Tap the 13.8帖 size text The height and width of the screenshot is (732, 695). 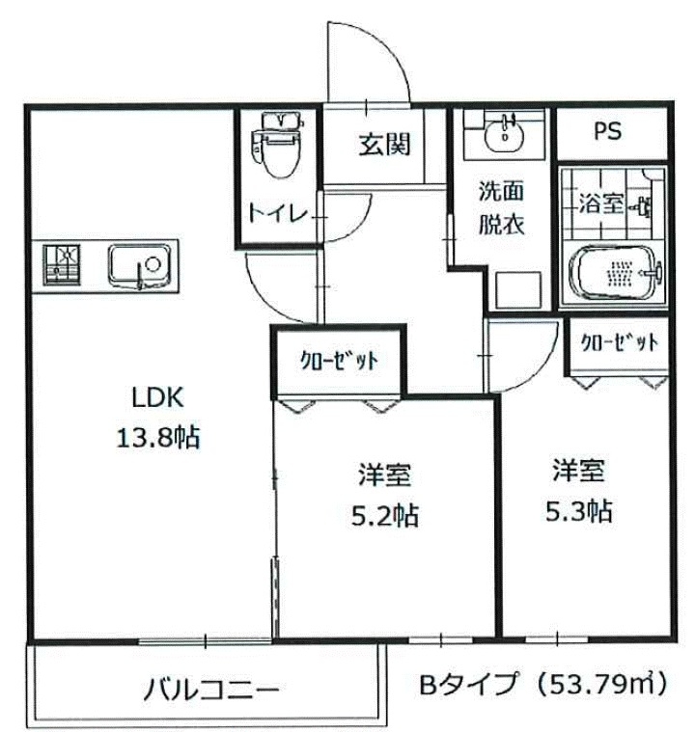[x=157, y=439]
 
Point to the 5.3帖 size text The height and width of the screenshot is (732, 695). [x=577, y=510]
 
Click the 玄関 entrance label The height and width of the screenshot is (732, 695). [x=386, y=146]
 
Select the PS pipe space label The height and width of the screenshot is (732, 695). [x=607, y=132]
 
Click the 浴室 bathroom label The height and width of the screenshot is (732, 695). [x=600, y=204]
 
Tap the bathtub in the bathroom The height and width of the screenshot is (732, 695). [x=614, y=275]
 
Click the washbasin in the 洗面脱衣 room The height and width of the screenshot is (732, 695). [x=503, y=135]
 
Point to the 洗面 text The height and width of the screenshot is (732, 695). [x=502, y=191]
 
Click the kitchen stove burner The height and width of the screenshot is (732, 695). [x=64, y=264]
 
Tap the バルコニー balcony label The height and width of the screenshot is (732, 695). [x=212, y=691]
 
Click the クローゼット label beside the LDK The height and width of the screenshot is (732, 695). [x=337, y=361]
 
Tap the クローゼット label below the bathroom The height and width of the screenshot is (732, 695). [x=620, y=342]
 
